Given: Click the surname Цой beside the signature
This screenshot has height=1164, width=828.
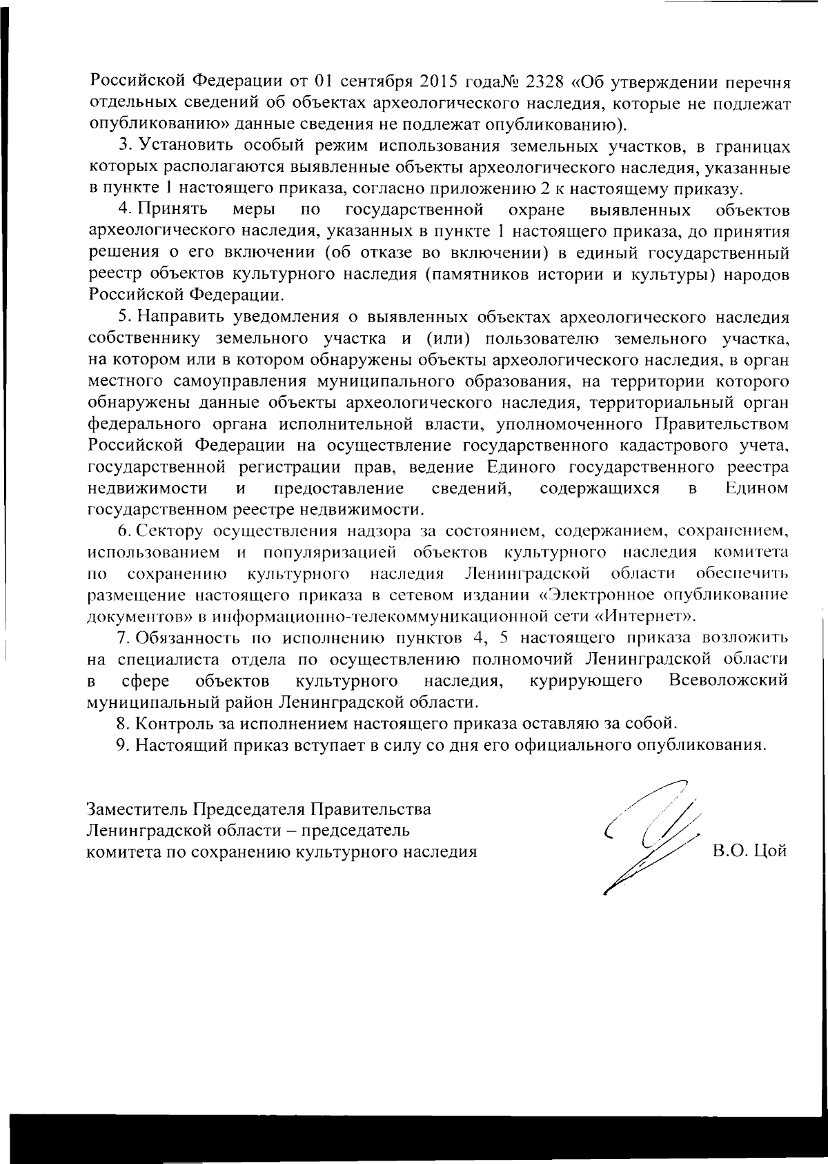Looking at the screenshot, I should point(770,851).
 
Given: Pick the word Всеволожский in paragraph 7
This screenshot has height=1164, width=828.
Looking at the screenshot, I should point(729,681).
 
